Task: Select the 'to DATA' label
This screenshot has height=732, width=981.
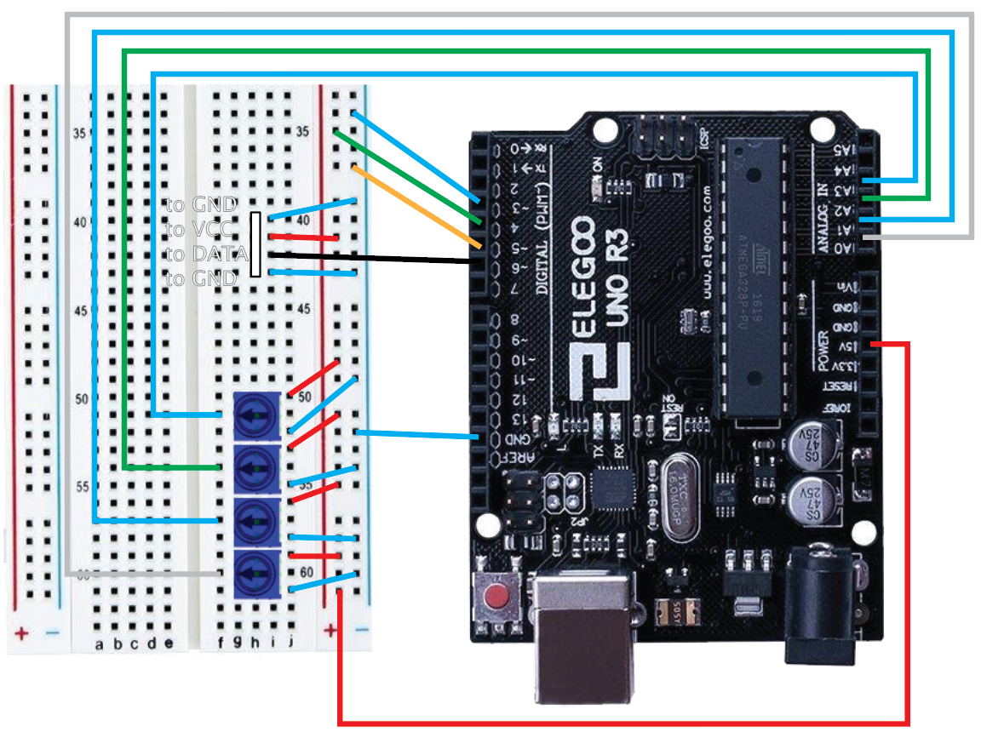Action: (x=207, y=254)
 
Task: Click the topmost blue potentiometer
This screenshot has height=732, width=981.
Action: (x=259, y=415)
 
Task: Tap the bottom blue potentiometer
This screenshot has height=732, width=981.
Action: (x=259, y=568)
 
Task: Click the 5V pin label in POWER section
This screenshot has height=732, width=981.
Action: (x=843, y=346)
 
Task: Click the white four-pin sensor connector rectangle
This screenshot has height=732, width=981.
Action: (x=255, y=244)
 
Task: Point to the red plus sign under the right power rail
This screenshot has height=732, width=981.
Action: (x=330, y=631)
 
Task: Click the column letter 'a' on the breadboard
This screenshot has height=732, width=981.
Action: (x=99, y=644)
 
